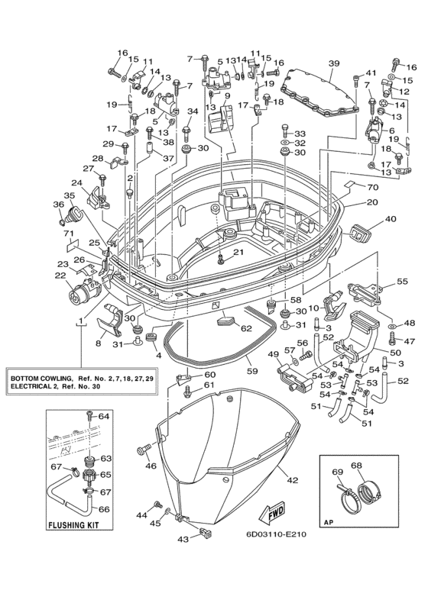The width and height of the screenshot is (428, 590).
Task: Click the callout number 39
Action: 334,64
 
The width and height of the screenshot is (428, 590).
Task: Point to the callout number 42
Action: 293,480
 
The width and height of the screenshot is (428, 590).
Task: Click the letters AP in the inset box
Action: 328,522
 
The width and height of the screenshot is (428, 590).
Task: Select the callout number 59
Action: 252,372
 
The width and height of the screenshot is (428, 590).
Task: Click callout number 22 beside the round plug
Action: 60,276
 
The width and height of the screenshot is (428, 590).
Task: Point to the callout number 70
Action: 373,187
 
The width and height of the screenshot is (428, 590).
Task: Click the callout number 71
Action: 70,234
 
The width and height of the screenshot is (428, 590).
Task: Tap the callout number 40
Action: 391,218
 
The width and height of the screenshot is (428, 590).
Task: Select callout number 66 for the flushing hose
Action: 104,509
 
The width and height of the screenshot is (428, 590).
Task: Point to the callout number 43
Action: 183,540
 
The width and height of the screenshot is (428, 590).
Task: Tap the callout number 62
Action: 246,329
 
